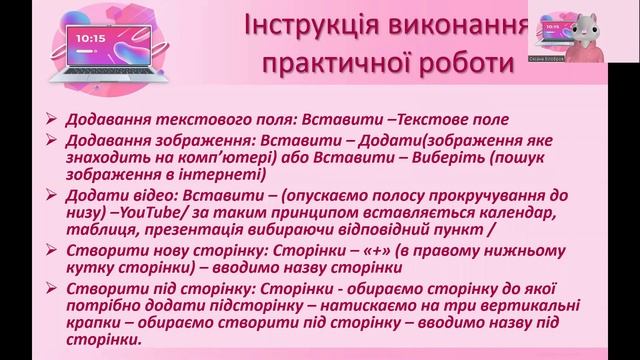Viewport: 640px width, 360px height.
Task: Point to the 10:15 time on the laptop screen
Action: [x=89, y=37]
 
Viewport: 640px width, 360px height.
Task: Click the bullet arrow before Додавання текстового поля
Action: [x=52, y=118]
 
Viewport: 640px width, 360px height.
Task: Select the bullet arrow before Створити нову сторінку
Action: [x=52, y=251]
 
